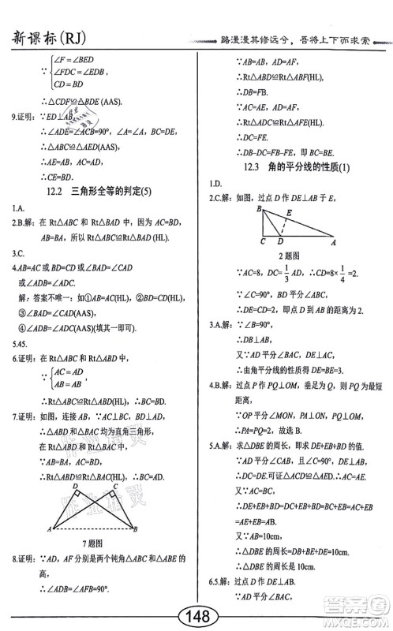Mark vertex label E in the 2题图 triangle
point(289,212)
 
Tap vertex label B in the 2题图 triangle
point(258,209)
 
